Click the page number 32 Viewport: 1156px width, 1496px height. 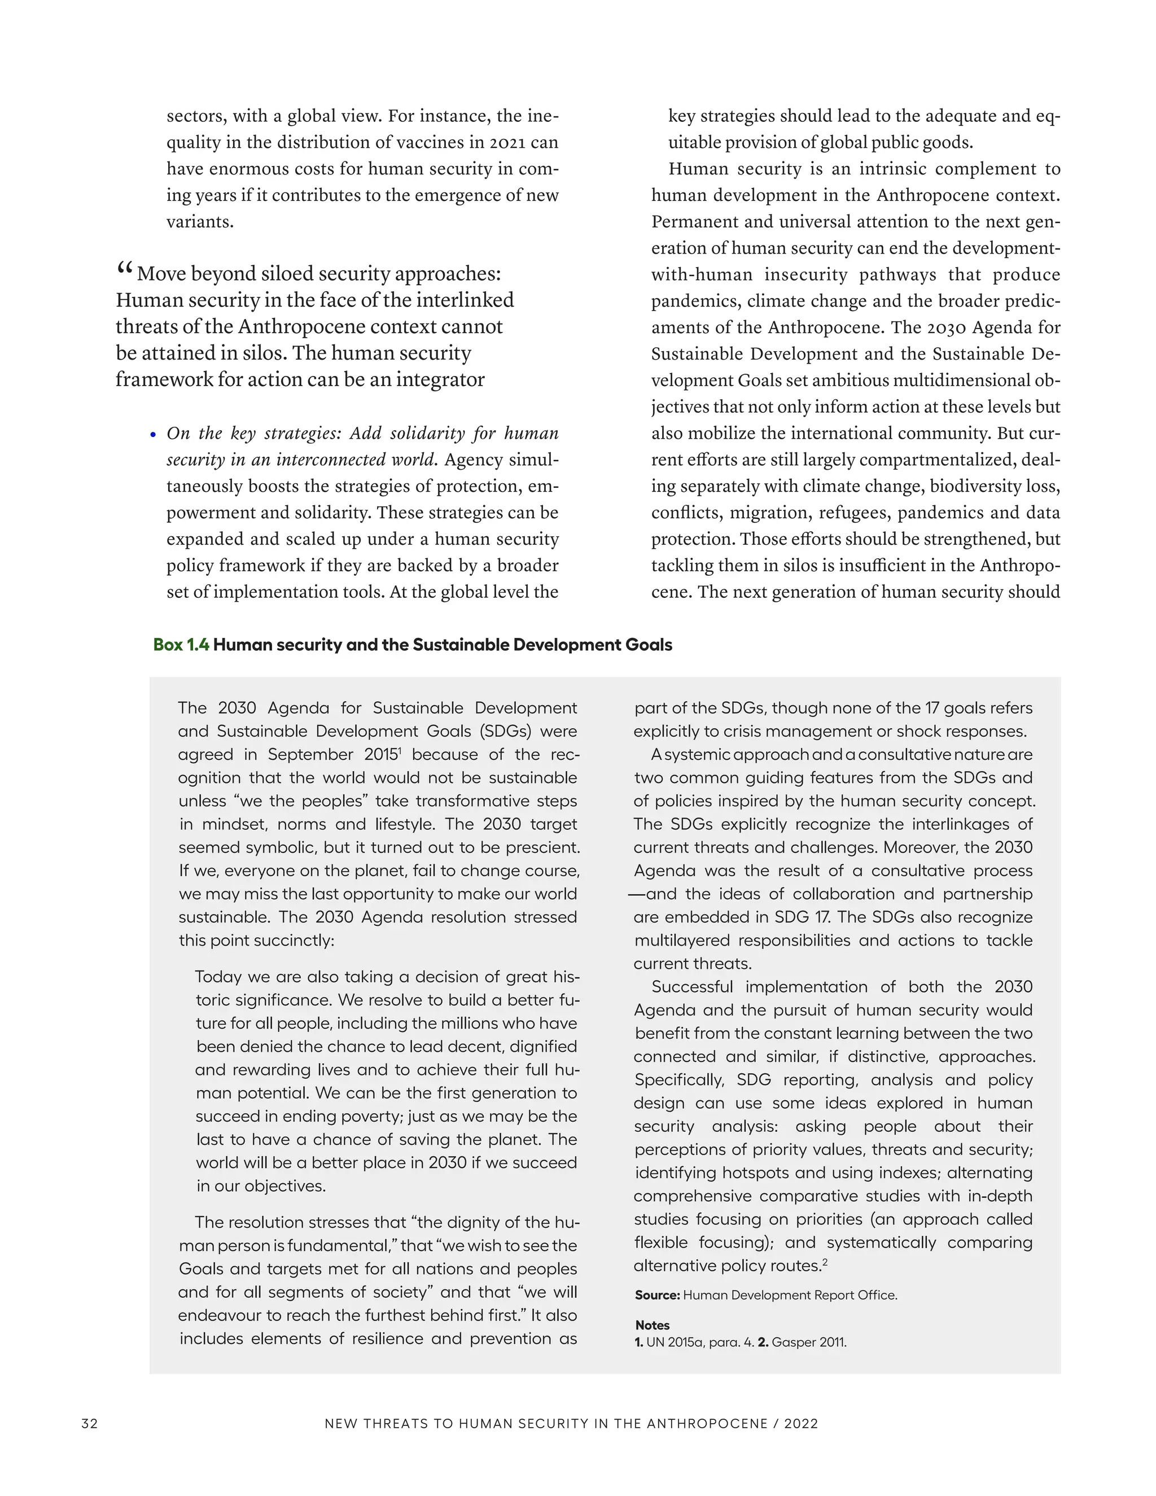pyautogui.click(x=89, y=1423)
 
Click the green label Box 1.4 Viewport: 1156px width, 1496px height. pyautogui.click(x=181, y=645)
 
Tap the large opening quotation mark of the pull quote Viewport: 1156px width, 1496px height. pyautogui.click(x=124, y=269)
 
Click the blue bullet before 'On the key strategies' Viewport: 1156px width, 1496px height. pyautogui.click(x=154, y=435)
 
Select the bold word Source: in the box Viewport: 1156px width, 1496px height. pyautogui.click(x=657, y=1295)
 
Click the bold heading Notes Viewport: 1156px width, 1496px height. pyautogui.click(x=652, y=1326)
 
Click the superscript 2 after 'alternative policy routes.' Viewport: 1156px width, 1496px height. pyautogui.click(x=825, y=1262)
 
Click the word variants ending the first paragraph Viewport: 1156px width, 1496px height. pyautogui.click(x=199, y=222)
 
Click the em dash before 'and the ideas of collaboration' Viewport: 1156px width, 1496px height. pyautogui.click(x=636, y=895)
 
